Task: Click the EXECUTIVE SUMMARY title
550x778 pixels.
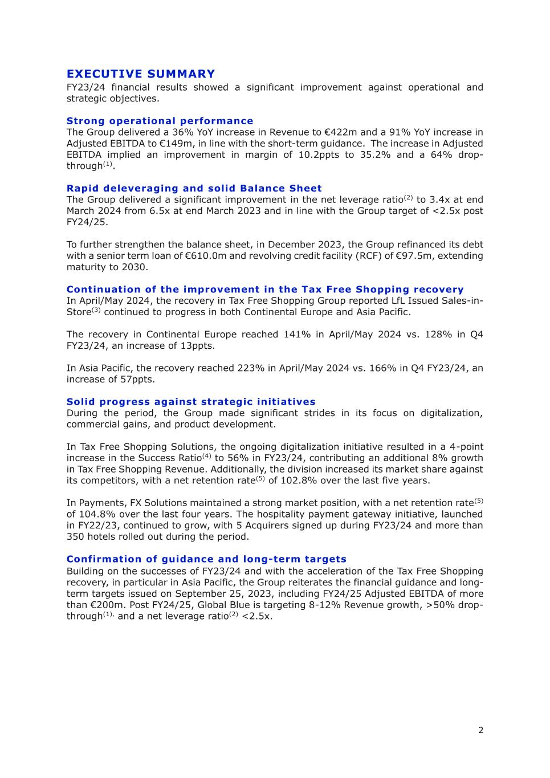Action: tap(141, 74)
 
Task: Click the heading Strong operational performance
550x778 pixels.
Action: tap(160, 121)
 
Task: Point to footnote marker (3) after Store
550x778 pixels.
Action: tap(96, 310)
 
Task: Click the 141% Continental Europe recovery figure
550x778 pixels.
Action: tap(295, 335)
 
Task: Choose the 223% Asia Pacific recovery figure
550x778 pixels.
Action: tap(249, 368)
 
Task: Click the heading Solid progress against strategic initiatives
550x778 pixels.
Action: tap(191, 402)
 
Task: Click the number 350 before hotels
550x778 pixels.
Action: tap(76, 537)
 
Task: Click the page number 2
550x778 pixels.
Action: tap(480, 730)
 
